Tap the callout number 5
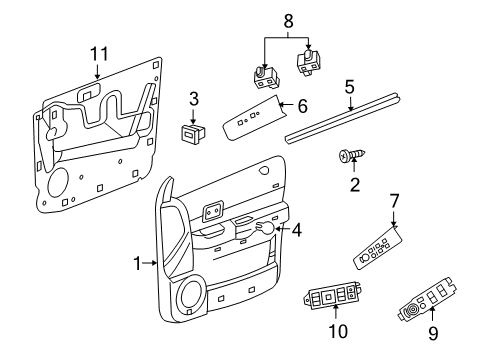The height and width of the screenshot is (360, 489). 349,88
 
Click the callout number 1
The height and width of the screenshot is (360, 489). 138,263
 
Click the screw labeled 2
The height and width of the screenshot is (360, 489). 349,157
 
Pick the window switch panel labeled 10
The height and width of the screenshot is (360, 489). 332,298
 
